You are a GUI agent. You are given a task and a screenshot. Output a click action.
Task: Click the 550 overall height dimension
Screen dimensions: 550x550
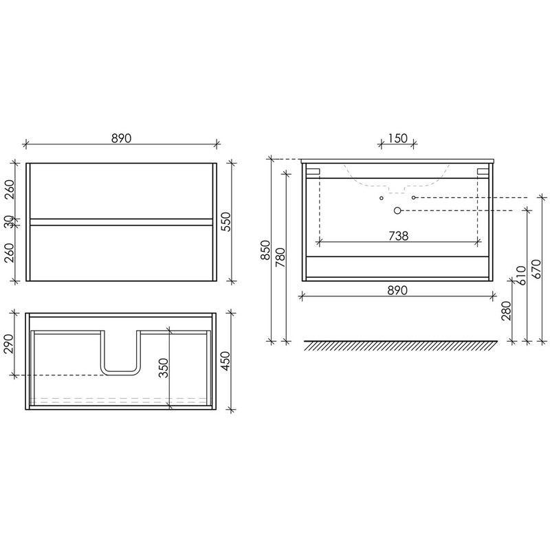[226, 221]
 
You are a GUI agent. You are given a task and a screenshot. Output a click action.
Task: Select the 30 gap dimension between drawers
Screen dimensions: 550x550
[10, 221]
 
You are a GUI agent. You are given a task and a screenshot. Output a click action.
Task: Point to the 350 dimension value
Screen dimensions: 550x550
[164, 368]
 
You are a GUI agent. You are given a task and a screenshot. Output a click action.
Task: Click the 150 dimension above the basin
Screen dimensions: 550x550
[397, 138]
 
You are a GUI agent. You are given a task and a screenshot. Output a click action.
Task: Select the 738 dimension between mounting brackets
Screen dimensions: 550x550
[399, 236]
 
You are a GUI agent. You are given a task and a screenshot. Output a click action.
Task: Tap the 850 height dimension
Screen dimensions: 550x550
[266, 250]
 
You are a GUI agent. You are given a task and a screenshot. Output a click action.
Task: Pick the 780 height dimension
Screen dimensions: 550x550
[280, 258]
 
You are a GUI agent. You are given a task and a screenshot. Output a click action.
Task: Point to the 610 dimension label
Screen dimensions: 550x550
[522, 276]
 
